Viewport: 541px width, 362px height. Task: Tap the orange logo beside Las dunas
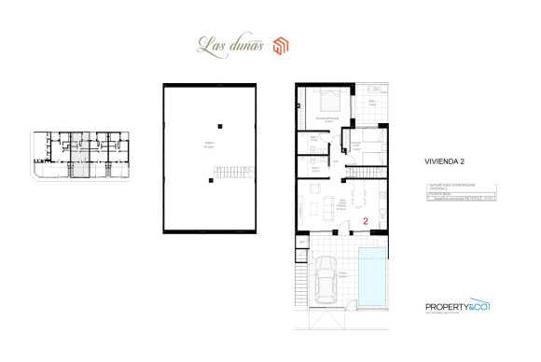point(282,44)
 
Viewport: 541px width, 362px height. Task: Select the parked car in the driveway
point(326,277)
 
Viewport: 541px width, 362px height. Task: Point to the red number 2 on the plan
point(366,222)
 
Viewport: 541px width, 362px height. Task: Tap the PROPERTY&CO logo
point(457,306)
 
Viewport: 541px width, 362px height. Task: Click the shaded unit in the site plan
point(81,154)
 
